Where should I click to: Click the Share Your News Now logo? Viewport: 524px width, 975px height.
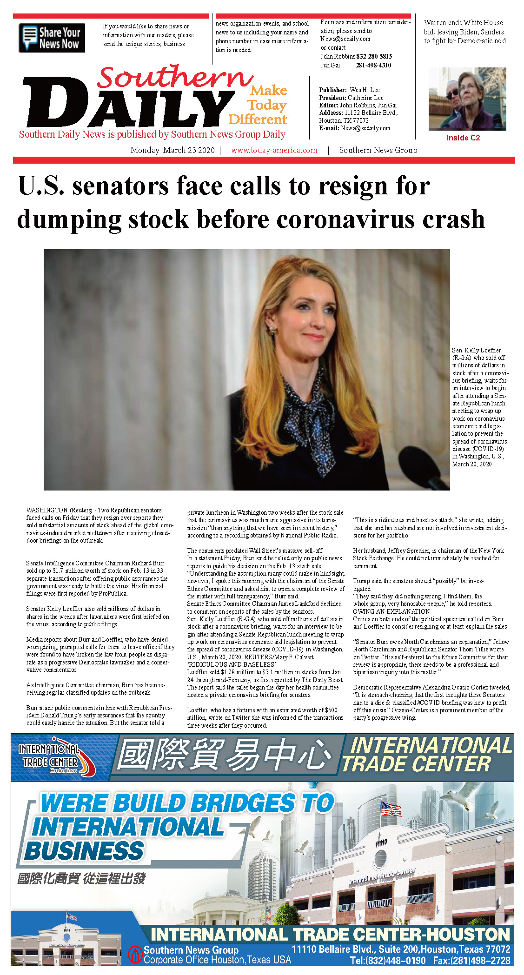click(x=52, y=38)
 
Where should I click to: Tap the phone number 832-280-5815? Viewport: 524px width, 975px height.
click(x=374, y=56)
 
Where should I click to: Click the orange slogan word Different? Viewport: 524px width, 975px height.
click(x=258, y=120)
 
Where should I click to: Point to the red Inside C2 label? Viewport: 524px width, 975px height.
click(x=463, y=138)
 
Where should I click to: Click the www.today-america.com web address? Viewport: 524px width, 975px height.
click(x=274, y=150)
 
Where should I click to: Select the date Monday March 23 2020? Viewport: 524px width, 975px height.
click(x=172, y=150)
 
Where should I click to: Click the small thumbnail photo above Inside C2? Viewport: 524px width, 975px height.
click(x=467, y=99)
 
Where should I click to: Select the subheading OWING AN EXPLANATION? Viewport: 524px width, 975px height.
click(x=391, y=611)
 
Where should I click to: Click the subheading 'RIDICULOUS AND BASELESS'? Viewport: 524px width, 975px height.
click(x=232, y=664)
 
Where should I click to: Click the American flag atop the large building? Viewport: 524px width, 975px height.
click(x=391, y=809)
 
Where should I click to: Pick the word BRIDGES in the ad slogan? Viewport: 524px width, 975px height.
click(x=243, y=803)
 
